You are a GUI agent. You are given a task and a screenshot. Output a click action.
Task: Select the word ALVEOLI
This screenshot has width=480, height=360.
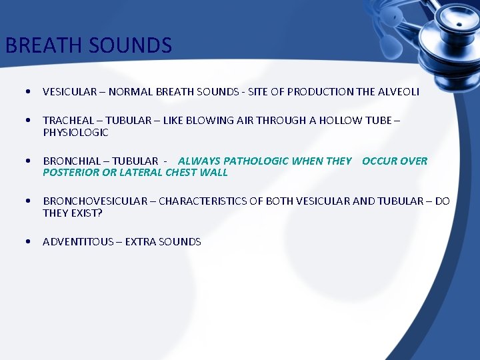point(399,92)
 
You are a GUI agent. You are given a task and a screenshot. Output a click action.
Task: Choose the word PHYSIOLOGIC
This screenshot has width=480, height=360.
point(75,133)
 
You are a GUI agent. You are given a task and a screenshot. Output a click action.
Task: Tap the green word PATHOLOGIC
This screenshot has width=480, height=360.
point(256,161)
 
